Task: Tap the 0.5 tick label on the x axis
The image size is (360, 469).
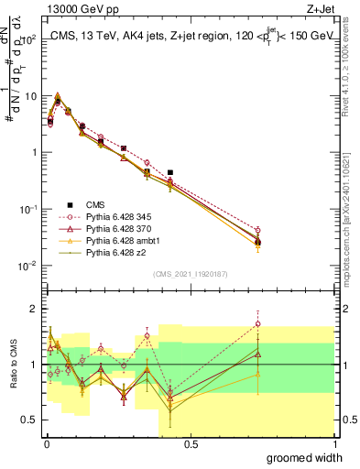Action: [x=191, y=443]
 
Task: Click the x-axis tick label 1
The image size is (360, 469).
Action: [x=335, y=443]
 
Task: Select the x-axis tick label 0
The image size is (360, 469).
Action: [x=46, y=443]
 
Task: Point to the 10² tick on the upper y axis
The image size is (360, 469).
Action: [x=30, y=39]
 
